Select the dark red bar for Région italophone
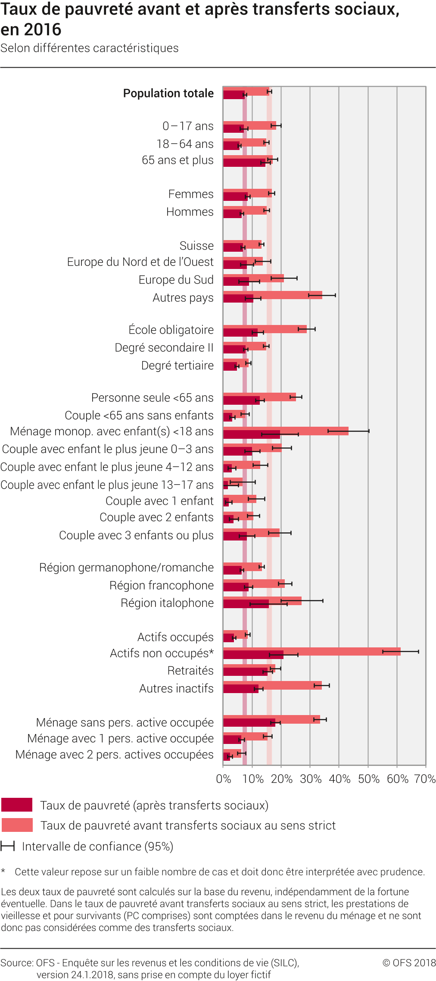pyautogui.click(x=246, y=604)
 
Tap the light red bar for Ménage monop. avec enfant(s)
pyautogui.click(x=315, y=431)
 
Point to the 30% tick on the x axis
pyautogui.click(x=310, y=766)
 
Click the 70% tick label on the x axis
pyautogui.click(x=425, y=779)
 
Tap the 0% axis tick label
pyautogui.click(x=224, y=779)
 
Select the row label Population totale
pyautogui.click(x=168, y=94)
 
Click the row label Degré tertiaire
pyautogui.click(x=177, y=366)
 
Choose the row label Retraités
pyautogui.click(x=190, y=671)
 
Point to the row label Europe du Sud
pyautogui.click(x=176, y=280)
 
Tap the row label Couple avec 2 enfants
pyautogui.click(x=156, y=517)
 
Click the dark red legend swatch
pyautogui.click(x=17, y=805)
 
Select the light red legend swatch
pyautogui.click(x=17, y=825)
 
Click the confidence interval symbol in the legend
pyautogui.click(x=8, y=846)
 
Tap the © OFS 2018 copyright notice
pyautogui.click(x=409, y=963)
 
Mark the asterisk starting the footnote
pyautogui.click(x=3, y=871)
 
